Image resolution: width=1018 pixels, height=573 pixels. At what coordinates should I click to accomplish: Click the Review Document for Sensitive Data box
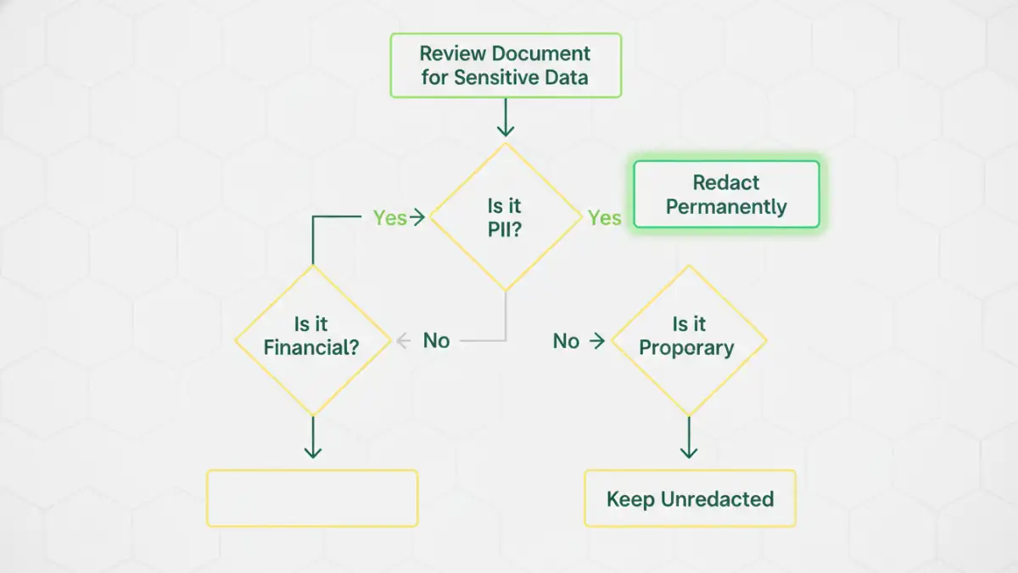pos(506,65)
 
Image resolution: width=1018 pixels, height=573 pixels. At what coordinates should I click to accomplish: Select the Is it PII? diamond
pos(505,217)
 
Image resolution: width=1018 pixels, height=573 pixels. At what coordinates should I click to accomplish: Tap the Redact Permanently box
pos(726,194)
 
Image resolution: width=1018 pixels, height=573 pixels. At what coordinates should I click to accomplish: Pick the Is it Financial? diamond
pos(311,340)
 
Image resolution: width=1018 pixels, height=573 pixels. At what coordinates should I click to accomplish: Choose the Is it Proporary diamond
pos(689,340)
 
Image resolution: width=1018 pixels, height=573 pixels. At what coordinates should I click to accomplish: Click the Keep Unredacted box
pos(690,499)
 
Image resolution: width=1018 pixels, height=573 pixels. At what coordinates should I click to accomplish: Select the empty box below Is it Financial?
pos(312,498)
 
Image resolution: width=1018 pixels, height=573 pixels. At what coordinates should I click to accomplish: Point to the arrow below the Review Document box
pos(506,118)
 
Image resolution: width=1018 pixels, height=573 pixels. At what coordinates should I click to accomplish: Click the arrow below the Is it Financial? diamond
pos(313,437)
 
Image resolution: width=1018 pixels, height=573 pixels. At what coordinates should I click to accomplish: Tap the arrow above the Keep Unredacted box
pos(689,437)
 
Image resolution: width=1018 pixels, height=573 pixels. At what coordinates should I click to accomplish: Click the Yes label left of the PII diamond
pos(390,218)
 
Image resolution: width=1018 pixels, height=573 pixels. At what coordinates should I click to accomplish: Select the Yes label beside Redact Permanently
pos(605,218)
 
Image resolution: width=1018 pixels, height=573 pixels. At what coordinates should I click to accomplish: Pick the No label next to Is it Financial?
pos(436,340)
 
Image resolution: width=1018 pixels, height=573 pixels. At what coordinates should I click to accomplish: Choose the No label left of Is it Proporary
pos(566,341)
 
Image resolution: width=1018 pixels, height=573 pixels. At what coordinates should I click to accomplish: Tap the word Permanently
pos(726,207)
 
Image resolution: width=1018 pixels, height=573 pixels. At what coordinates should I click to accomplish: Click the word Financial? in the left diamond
pos(311,348)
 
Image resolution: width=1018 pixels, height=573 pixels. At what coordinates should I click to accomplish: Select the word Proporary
pos(687,348)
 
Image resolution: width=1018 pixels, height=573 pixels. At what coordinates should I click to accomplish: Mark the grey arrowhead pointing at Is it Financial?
pos(404,341)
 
